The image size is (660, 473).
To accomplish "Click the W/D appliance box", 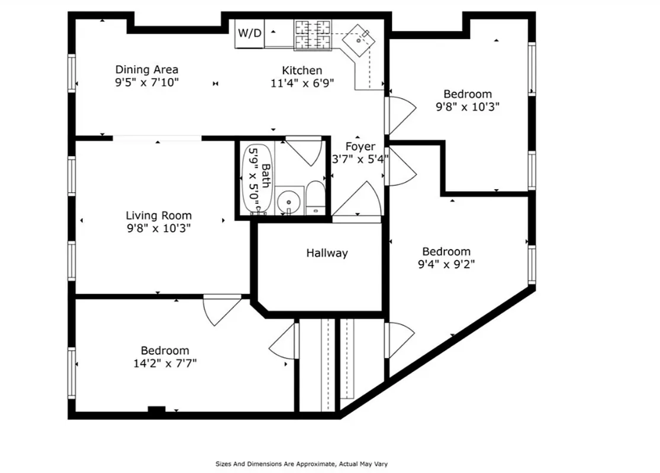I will pos(249,33).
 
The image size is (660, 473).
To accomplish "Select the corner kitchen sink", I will pos(362,38).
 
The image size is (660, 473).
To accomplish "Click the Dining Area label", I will pos(146,70).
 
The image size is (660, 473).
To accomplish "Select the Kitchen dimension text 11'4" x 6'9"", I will pos(302,83).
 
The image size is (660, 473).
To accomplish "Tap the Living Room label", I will pos(158,216).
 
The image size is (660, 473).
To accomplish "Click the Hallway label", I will pos(327,253).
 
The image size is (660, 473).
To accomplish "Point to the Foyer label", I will pos(360,147).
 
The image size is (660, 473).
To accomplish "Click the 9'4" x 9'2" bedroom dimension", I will pos(446,264).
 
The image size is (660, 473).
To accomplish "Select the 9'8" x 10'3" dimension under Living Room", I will pos(158,228).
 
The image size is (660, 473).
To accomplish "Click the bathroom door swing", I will pos(304,150).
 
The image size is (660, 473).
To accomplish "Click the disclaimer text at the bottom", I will pos(301,464).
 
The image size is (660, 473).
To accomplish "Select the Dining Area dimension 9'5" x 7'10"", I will pos(146,83).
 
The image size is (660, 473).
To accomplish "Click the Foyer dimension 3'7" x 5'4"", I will pos(360,159).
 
